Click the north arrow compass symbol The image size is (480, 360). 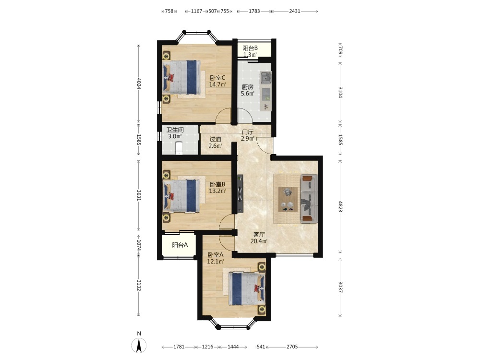(x=139, y=346)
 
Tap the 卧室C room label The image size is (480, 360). (x=217, y=78)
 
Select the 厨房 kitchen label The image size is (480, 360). (x=248, y=87)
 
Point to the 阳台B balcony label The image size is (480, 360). (x=250, y=48)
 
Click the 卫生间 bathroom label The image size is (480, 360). (x=175, y=130)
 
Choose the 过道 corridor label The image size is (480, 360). (x=215, y=139)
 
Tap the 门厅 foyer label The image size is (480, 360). (x=248, y=132)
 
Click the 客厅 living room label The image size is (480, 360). (x=259, y=235)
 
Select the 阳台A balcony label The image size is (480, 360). (x=180, y=245)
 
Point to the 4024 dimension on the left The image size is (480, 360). (x=139, y=84)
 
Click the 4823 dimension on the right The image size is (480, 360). (x=340, y=206)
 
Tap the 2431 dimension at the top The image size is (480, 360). (x=295, y=11)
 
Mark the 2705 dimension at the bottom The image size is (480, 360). (x=292, y=347)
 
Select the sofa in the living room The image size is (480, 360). (x=309, y=199)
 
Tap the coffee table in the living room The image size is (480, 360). (x=288, y=199)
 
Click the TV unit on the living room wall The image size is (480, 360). (x=240, y=193)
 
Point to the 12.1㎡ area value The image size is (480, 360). (x=216, y=262)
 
